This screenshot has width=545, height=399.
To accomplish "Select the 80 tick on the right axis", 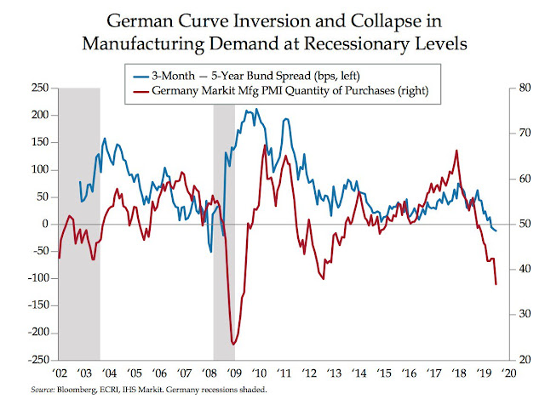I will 517,88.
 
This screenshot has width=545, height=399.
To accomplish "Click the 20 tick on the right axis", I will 517,360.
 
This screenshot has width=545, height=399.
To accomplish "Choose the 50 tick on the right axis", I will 517,224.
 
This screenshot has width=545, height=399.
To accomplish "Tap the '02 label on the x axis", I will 60,373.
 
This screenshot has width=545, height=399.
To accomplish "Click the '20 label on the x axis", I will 509,373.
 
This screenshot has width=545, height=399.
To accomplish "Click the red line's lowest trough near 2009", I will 232,345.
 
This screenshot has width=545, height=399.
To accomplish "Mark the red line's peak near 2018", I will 457,151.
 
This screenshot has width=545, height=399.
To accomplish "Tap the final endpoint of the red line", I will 496,284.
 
